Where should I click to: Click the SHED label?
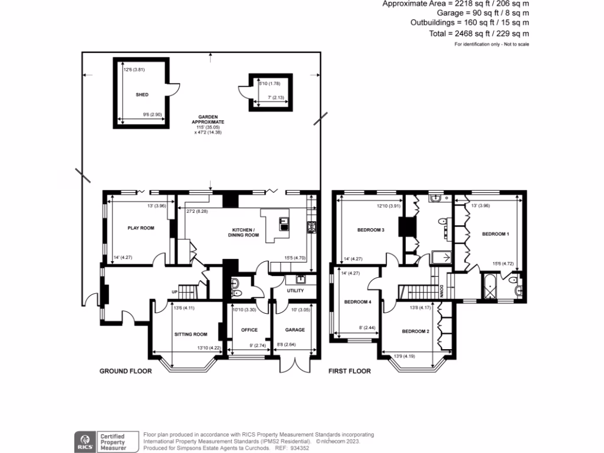[142, 94]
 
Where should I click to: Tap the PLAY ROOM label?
[141, 228]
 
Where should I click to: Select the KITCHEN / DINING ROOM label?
[243, 232]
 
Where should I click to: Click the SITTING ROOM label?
[191, 334]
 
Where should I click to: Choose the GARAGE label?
[295, 330]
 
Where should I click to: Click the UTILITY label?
[295, 291]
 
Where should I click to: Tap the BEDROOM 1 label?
[495, 234]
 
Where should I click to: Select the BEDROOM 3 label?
[371, 229]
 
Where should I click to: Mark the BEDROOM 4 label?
[357, 302]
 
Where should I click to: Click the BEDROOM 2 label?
[416, 331]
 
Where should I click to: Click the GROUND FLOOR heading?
[126, 371]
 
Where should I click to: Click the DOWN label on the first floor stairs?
[442, 291]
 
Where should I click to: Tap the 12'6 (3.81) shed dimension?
[134, 70]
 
